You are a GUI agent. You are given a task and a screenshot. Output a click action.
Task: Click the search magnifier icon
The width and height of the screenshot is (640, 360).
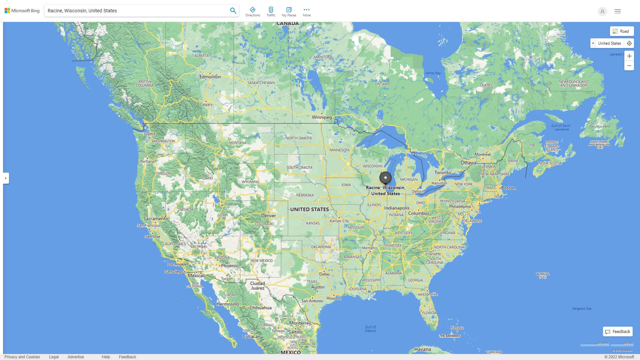click(x=233, y=11)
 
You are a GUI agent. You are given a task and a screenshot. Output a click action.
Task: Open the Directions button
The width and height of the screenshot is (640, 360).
click(x=253, y=11)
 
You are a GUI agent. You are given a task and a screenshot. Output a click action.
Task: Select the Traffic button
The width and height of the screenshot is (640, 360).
click(x=271, y=11)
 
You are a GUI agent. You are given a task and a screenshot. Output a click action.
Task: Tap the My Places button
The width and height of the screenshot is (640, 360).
click(x=289, y=11)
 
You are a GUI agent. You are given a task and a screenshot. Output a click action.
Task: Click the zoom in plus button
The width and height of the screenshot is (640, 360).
click(x=629, y=56)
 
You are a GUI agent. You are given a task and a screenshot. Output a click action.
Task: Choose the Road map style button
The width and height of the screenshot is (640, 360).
click(x=622, y=31)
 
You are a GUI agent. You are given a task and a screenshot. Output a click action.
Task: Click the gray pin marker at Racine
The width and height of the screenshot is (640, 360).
click(x=385, y=178)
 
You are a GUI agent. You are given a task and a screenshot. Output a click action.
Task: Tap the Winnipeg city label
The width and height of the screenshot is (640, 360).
click(x=322, y=117)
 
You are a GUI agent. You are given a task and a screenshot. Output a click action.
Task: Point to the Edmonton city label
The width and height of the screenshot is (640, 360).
click(x=210, y=77)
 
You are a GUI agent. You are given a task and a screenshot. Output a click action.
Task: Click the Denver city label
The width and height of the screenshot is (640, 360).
click(x=268, y=216)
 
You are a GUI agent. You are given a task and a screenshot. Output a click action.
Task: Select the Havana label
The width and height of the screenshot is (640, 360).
click(x=422, y=349)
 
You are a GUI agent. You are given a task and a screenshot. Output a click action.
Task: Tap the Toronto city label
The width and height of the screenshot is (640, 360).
click(x=443, y=173)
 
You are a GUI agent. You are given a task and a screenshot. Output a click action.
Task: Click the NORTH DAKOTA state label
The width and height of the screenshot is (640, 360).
click(x=299, y=138)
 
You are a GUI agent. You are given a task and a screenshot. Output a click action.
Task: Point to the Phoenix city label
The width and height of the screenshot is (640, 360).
click(x=229, y=266)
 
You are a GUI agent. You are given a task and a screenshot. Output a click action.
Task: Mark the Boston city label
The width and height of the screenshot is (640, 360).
click(x=508, y=188)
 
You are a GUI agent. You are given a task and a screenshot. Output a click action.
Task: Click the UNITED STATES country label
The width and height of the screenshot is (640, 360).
click(x=309, y=209)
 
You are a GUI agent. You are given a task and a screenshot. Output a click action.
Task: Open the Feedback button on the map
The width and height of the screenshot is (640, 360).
click(x=618, y=332)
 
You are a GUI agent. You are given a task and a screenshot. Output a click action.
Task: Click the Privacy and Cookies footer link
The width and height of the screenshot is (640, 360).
click(x=22, y=357)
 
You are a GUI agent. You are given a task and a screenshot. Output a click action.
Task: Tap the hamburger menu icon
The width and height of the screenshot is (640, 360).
click(x=618, y=11)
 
